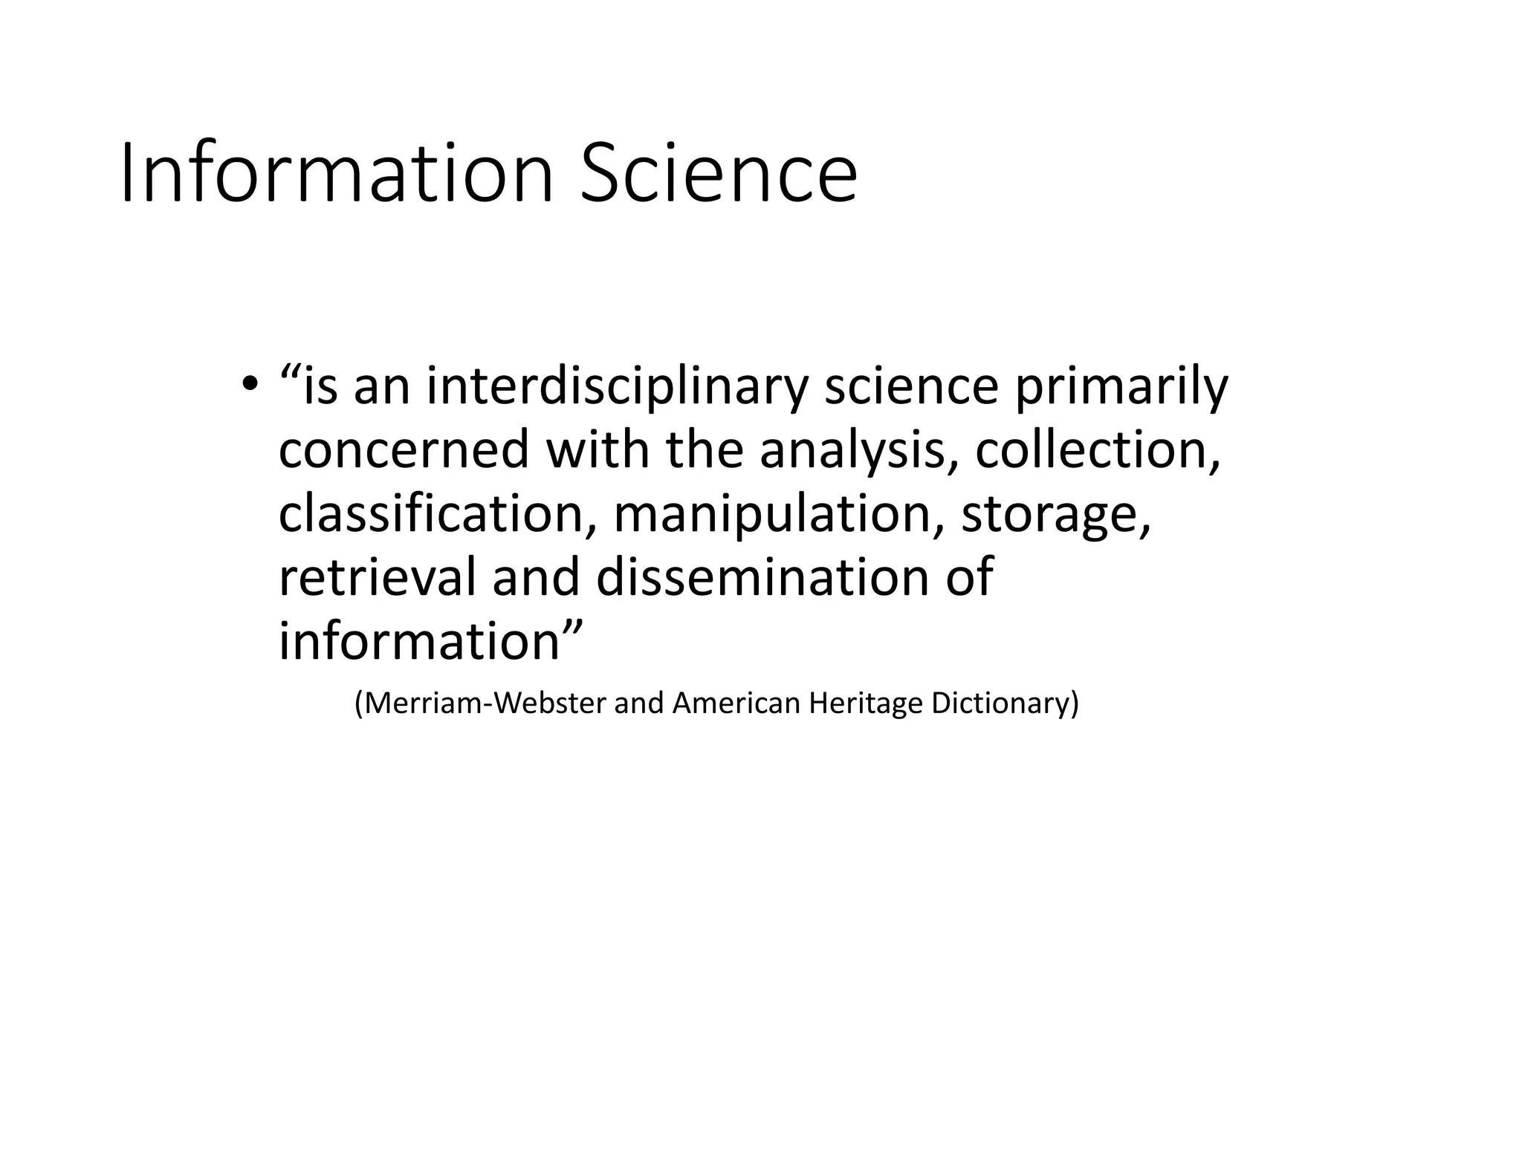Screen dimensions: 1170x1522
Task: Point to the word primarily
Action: click(x=1121, y=387)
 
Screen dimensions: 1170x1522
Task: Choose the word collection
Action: click(x=1097, y=450)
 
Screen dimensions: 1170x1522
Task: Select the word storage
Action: click(x=1055, y=514)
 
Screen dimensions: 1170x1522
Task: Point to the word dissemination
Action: click(x=762, y=577)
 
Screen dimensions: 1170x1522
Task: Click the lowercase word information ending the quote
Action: click(x=420, y=641)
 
